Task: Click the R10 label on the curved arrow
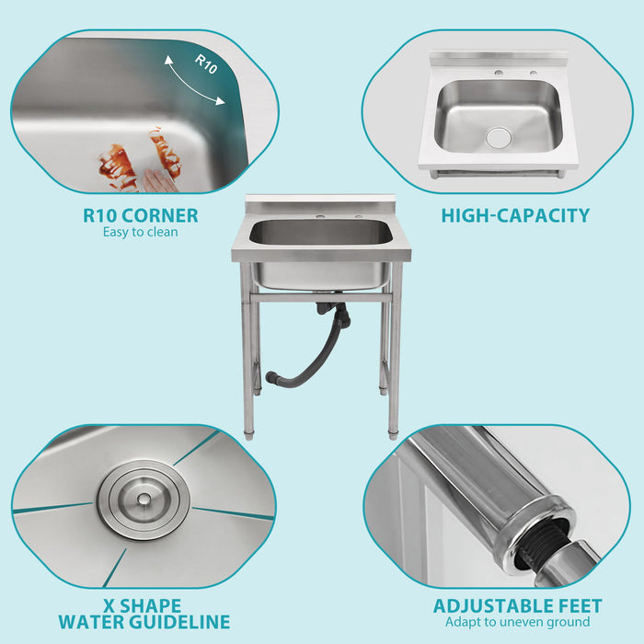pos(207,63)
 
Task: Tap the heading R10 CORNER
pos(141,216)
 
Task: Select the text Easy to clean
pos(141,233)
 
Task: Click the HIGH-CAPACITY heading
pos(515,216)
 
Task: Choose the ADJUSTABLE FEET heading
pos(518,606)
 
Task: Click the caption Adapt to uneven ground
pos(517,623)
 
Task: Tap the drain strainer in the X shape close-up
pos(144,500)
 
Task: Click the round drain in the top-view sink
pos(499,137)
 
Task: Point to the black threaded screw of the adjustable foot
pos(538,553)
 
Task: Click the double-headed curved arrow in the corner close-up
pos(193,78)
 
